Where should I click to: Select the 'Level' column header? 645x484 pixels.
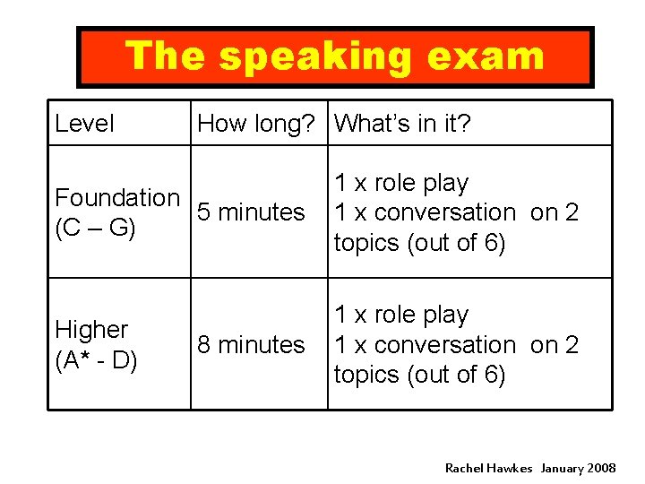click(84, 124)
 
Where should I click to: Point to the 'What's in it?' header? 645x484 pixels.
click(402, 124)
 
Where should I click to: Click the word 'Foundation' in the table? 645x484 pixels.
click(117, 197)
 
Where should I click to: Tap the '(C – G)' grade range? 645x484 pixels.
click(96, 229)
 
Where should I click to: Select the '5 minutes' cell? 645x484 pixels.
click(251, 212)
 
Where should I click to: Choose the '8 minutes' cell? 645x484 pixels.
click(251, 345)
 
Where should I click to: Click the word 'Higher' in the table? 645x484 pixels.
click(91, 330)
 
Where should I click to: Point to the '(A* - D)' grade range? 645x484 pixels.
click(96, 360)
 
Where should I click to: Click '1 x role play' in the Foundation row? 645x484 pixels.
click(401, 183)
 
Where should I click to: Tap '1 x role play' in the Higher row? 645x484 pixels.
click(401, 315)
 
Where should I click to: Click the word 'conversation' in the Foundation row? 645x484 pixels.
click(445, 212)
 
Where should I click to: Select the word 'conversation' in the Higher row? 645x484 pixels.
click(445, 345)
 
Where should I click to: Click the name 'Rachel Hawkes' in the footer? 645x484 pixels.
click(488, 468)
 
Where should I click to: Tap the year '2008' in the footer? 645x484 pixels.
click(600, 468)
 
